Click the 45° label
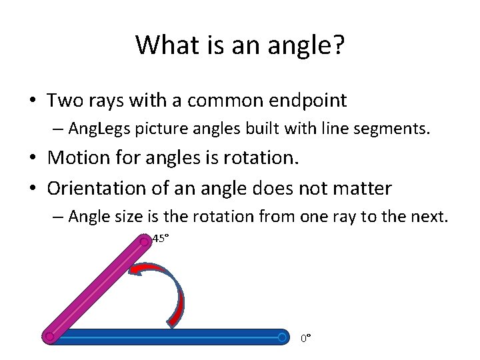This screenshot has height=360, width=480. coord(161,238)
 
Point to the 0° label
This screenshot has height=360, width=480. coord(305,339)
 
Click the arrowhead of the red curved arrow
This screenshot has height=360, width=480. coord(136,269)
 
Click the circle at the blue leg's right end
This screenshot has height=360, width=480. coord(283,337)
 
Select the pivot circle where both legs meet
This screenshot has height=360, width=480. coord(49,337)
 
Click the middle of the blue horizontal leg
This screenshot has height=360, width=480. coord(167,337)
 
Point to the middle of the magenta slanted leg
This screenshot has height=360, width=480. coord(97,289)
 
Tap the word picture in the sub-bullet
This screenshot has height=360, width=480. coord(157,129)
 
